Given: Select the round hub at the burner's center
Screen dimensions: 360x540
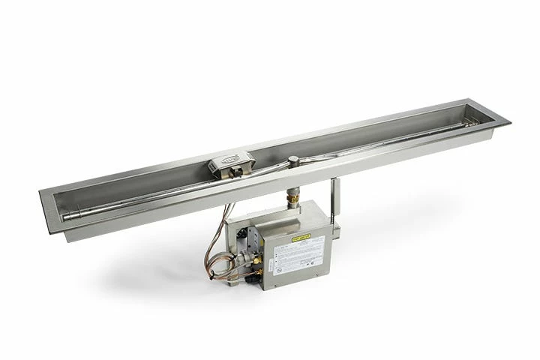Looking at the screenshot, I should point(293,160).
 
